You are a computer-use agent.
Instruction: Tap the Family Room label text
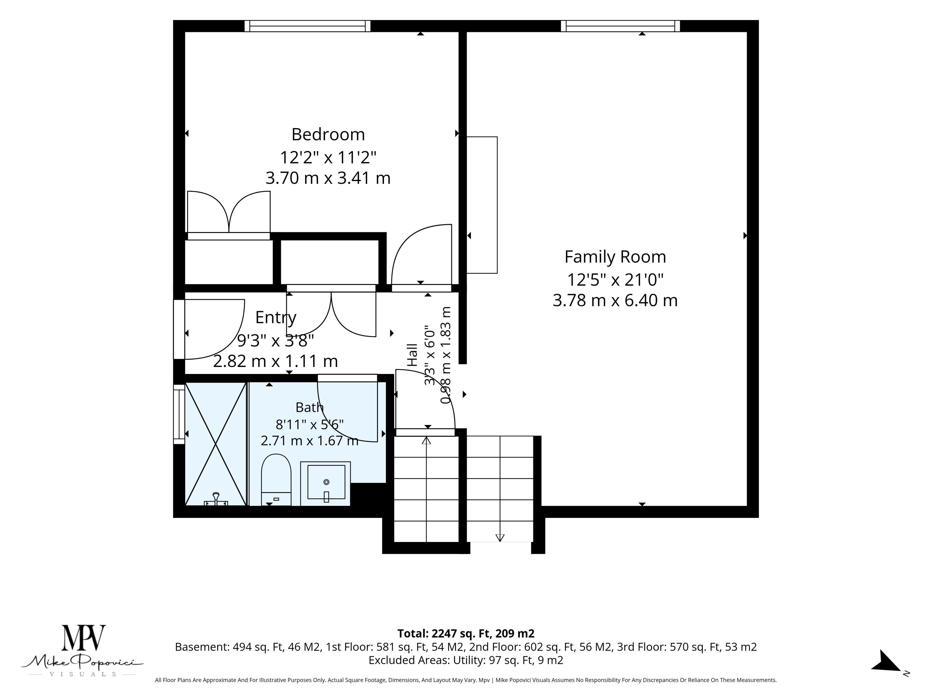(615, 257)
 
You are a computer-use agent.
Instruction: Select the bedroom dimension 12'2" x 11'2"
(328, 158)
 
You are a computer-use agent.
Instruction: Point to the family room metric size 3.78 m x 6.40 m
(615, 300)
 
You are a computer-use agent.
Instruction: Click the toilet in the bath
(276, 480)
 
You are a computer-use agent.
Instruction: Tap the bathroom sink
(325, 483)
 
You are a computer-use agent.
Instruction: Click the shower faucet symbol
(216, 499)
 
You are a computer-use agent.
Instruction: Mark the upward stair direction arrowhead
(426, 440)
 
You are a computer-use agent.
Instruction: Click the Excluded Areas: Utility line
(466, 660)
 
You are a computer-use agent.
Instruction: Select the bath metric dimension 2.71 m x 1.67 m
(310, 441)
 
